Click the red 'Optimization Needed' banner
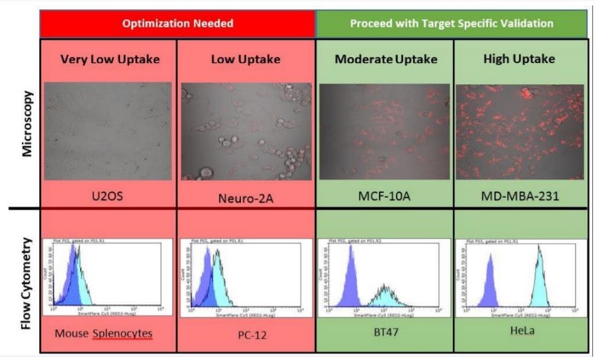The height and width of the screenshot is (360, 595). pyautogui.click(x=178, y=23)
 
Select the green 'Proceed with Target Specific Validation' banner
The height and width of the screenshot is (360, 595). pyautogui.click(x=452, y=23)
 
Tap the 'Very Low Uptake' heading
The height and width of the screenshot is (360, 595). pyautogui.click(x=110, y=59)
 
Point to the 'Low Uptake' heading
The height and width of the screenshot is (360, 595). pyautogui.click(x=246, y=59)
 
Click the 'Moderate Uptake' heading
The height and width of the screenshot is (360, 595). pyautogui.click(x=386, y=59)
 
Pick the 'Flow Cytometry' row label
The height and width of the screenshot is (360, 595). pyautogui.click(x=27, y=282)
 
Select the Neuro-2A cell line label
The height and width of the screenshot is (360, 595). pyautogui.click(x=246, y=197)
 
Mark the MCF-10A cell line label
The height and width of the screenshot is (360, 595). pyautogui.click(x=384, y=196)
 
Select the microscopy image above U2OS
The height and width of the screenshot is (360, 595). pyautogui.click(x=108, y=131)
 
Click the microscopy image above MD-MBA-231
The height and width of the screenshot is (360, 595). pyautogui.click(x=521, y=132)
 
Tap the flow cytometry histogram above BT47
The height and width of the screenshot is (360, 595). pyautogui.click(x=384, y=277)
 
